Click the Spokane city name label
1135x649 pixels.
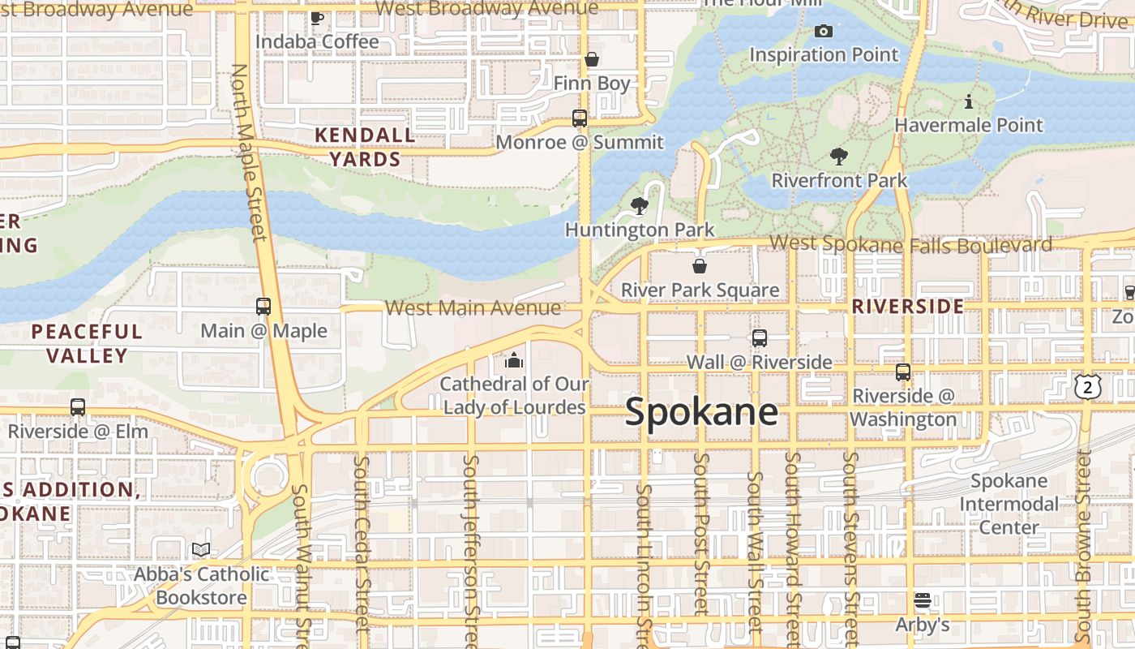(x=701, y=413)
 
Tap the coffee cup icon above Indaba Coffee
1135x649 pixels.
(x=317, y=18)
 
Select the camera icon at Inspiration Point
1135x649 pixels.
(x=823, y=32)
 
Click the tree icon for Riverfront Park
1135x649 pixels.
(x=839, y=157)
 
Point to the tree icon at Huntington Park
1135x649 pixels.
(x=640, y=206)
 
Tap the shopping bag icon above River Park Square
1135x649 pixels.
(x=700, y=266)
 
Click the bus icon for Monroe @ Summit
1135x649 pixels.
(x=579, y=118)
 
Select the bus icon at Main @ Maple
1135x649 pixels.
(x=263, y=307)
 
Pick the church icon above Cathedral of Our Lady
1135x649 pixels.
(x=513, y=359)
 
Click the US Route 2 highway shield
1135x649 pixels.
(x=1087, y=387)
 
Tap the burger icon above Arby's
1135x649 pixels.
(x=922, y=601)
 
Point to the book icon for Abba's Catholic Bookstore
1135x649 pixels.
(x=201, y=550)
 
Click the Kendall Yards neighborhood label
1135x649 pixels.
(x=365, y=147)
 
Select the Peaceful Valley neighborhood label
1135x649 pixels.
(x=87, y=343)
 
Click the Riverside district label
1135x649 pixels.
(x=908, y=307)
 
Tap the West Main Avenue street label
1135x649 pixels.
(x=473, y=308)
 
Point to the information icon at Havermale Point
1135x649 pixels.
(x=969, y=102)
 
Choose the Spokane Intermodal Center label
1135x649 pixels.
(x=1009, y=504)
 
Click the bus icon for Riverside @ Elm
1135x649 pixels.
(x=78, y=407)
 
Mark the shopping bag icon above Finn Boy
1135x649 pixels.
(x=592, y=60)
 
